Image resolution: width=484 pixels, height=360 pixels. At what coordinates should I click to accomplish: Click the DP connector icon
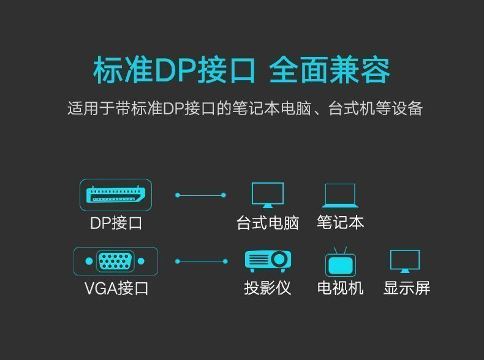point(115,195)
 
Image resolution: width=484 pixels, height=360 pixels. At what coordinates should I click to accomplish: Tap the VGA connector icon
point(115,261)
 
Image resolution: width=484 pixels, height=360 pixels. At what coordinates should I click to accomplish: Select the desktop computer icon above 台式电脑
point(268,195)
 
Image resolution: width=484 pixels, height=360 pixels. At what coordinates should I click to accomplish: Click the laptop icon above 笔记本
point(340,195)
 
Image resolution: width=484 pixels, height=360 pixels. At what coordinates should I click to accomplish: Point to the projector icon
point(268,260)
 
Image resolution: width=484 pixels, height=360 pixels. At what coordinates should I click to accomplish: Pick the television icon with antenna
point(341,262)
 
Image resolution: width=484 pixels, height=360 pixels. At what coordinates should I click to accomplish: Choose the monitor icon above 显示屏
point(405,261)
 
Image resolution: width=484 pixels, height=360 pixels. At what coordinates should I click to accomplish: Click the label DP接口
point(116,223)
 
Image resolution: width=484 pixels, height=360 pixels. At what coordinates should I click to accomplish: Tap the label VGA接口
point(116,288)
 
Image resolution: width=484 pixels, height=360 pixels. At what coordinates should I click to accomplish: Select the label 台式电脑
point(268,223)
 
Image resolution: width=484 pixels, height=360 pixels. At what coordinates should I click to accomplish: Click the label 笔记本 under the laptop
point(341,222)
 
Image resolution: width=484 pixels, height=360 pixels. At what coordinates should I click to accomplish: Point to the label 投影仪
point(268,288)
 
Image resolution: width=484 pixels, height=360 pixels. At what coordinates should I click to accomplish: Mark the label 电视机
point(341,288)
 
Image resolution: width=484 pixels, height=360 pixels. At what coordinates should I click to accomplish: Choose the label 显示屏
point(407,288)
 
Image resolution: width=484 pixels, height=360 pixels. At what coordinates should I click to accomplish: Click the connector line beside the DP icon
point(200,195)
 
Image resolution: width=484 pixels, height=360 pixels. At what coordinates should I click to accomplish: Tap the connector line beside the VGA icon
point(200,261)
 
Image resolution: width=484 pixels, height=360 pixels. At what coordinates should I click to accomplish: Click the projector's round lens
point(279,259)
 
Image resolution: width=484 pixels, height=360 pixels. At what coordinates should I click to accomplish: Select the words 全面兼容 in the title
point(330,70)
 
